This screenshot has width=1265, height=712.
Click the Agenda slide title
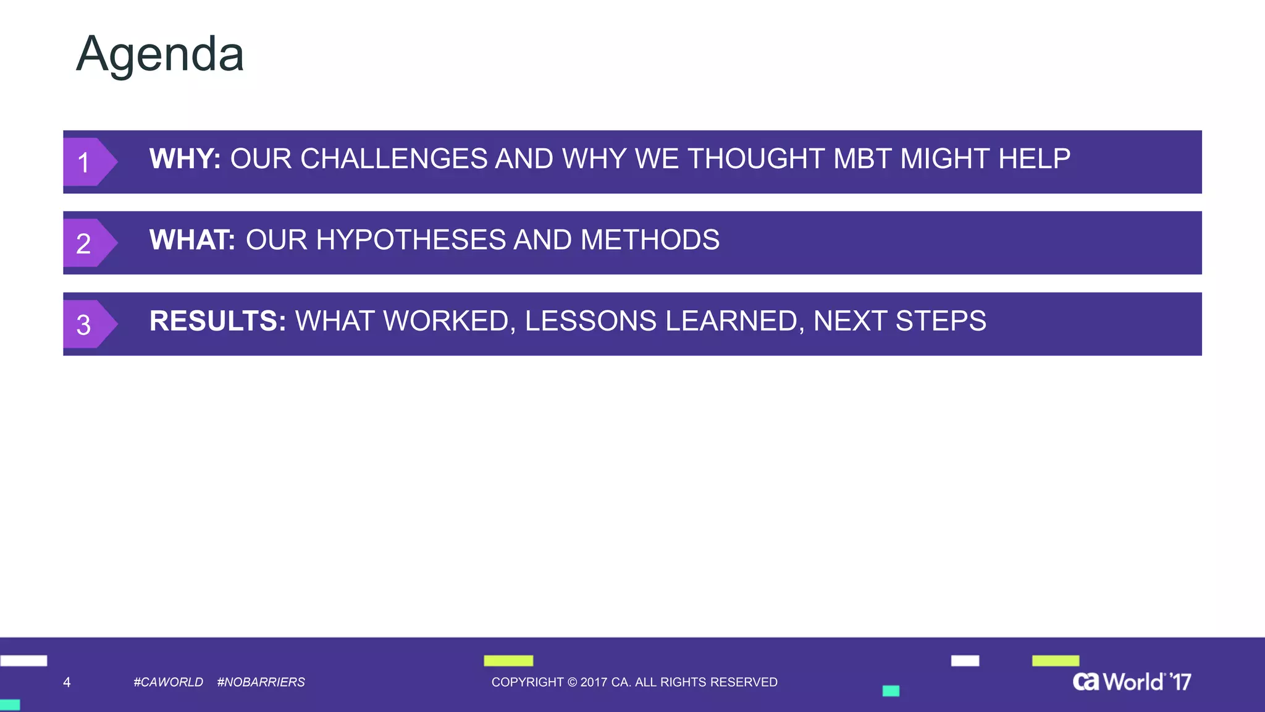160,55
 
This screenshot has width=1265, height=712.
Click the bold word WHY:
185,159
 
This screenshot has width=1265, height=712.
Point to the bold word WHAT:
192,240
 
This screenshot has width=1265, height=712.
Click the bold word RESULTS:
217,321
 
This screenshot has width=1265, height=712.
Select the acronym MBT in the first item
862,159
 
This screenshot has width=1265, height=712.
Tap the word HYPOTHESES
410,240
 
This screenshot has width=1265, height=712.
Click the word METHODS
650,240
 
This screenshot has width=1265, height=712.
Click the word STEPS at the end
941,321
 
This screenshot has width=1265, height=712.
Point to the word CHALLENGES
394,159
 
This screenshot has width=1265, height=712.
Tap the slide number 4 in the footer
67,682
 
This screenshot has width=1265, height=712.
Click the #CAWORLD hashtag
168,682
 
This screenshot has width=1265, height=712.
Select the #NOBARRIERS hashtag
261,682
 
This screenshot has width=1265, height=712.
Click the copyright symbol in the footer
572,682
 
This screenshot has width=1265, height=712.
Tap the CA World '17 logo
1132,682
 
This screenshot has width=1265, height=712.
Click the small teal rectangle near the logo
891,691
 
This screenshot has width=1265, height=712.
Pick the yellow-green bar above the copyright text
508,661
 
